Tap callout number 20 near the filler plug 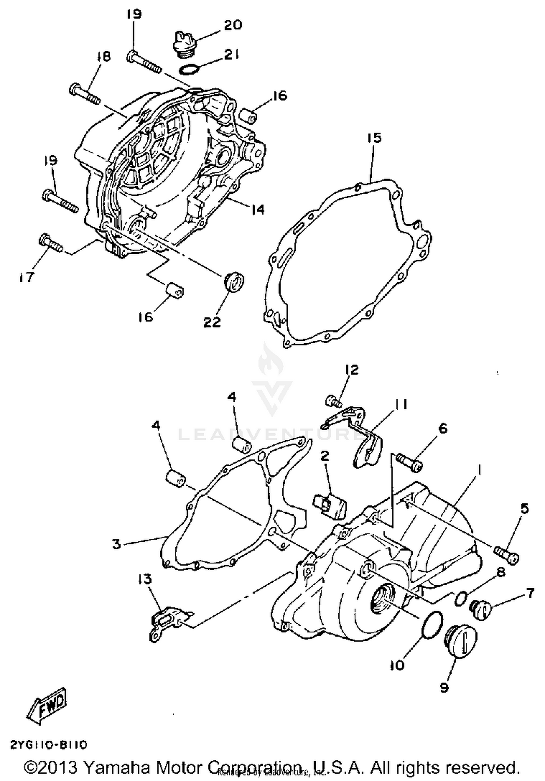tap(233, 25)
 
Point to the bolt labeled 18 tap(84, 93)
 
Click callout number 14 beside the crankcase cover tap(257, 210)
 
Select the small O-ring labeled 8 tap(460, 598)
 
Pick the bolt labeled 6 tap(409, 462)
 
